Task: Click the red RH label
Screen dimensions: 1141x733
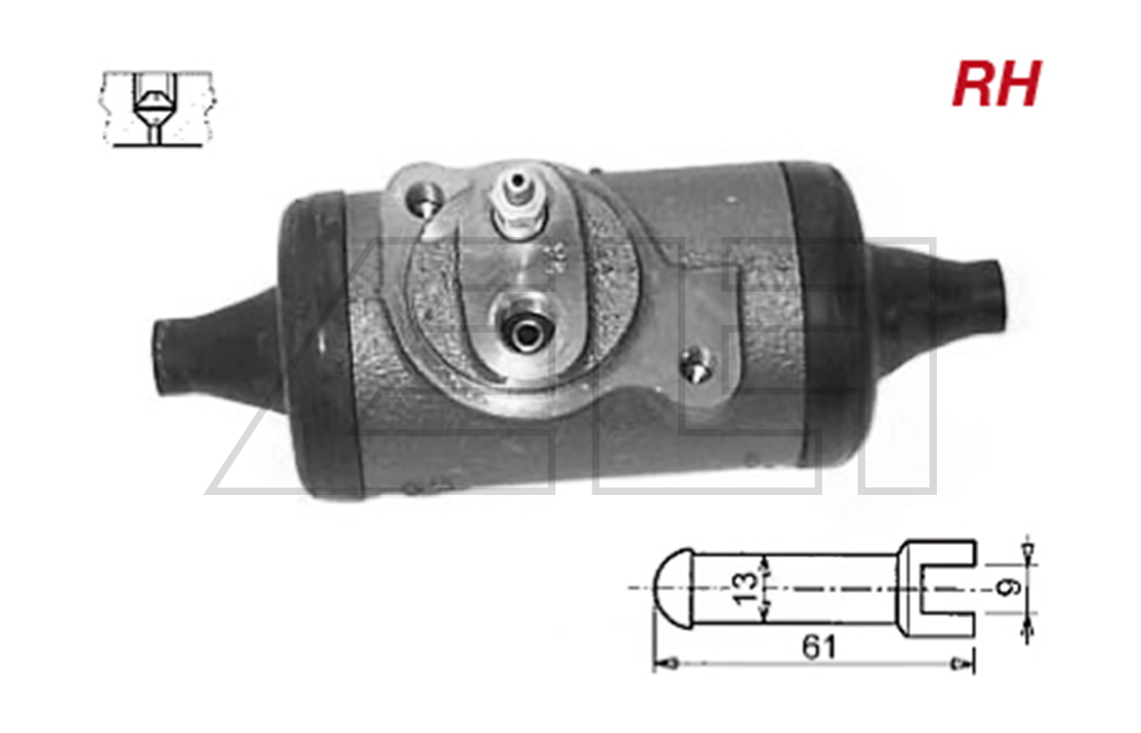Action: click(x=997, y=84)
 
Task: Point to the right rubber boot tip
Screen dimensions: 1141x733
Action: click(x=993, y=294)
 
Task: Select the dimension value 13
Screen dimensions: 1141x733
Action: click(x=745, y=589)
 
